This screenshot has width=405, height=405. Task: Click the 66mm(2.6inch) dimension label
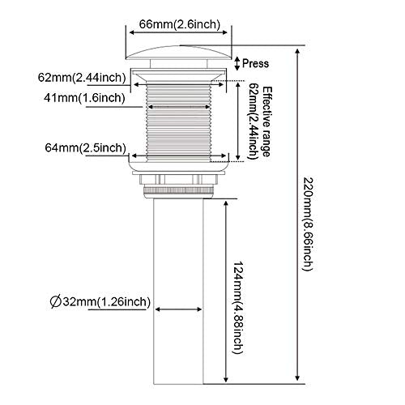click(x=180, y=24)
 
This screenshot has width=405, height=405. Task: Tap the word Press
click(x=255, y=63)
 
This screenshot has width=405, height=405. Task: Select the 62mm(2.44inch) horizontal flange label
click(x=82, y=78)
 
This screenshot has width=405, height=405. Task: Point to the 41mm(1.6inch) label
click(x=84, y=98)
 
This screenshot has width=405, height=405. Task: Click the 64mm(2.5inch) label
click(x=85, y=148)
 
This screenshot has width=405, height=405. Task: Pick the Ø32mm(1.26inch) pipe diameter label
click(x=100, y=301)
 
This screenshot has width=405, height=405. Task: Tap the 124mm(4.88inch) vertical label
click(x=239, y=308)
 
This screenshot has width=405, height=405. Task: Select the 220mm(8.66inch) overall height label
click(x=309, y=224)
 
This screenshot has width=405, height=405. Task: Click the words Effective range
click(x=266, y=122)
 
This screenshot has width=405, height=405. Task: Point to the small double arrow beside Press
click(x=237, y=63)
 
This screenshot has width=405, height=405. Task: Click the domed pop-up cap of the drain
click(x=179, y=53)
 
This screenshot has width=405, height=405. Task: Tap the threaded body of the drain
click(x=178, y=123)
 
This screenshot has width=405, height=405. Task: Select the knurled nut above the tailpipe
click(x=178, y=191)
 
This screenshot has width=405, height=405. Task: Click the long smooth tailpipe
click(x=178, y=291)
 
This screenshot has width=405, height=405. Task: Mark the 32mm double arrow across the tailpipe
click(x=178, y=309)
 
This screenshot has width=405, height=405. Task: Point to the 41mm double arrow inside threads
click(x=179, y=107)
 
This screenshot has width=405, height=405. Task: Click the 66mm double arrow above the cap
click(x=178, y=32)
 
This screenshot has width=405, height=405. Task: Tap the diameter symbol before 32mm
click(x=56, y=302)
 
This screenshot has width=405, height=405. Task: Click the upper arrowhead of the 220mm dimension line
click(x=297, y=53)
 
